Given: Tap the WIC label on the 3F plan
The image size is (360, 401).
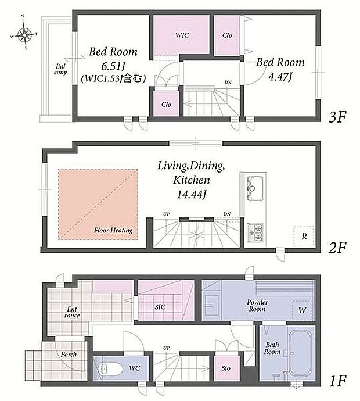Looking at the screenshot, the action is (182, 35).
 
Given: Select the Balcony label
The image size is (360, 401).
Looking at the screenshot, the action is (60, 69).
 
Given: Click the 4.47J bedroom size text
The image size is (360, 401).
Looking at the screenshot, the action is (280, 77).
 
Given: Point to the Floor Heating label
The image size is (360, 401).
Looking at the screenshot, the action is (113, 230).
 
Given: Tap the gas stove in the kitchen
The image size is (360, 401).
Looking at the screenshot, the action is (255, 232).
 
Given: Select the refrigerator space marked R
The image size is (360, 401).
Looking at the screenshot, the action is (304, 237).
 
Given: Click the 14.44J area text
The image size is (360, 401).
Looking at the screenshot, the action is (192, 195).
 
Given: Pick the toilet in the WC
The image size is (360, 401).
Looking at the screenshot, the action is (111, 369).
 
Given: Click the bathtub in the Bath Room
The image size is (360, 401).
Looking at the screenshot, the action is (301, 353).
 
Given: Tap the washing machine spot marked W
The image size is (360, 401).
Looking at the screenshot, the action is (303, 310).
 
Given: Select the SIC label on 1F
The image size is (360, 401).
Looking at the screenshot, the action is (160, 307).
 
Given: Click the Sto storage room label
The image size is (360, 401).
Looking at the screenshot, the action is (226, 368).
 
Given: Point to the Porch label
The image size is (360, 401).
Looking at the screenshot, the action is (69, 354).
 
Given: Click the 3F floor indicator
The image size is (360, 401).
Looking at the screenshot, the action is (337, 117).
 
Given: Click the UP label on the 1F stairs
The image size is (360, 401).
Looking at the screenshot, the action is (166, 348).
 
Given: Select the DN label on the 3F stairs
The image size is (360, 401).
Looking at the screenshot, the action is (228, 83).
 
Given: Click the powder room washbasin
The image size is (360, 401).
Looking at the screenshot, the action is (211, 305).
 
